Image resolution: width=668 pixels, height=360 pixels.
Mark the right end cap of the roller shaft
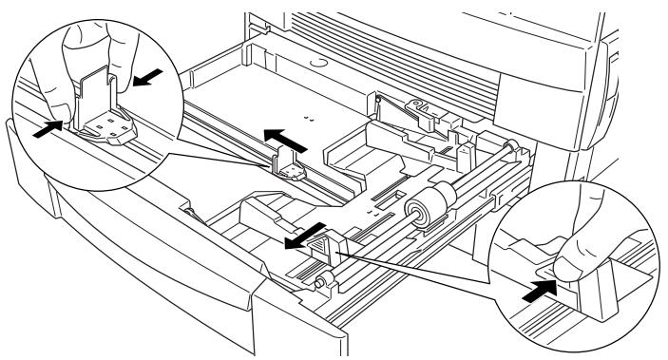click(512, 149)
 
